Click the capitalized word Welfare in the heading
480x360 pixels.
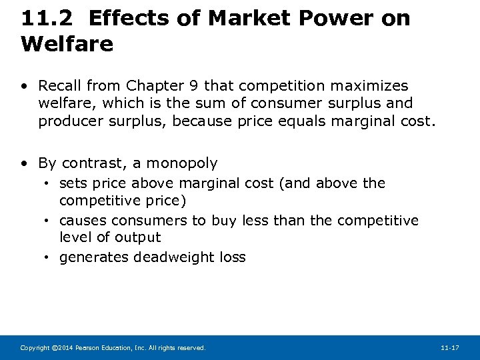click(67, 44)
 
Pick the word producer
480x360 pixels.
click(67, 121)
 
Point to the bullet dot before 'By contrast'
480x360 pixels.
click(25, 163)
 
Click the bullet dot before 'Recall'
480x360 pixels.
click(25, 86)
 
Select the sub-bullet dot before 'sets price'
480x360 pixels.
click(49, 183)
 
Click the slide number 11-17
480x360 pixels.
click(450, 348)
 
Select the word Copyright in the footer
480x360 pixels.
click(35, 348)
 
